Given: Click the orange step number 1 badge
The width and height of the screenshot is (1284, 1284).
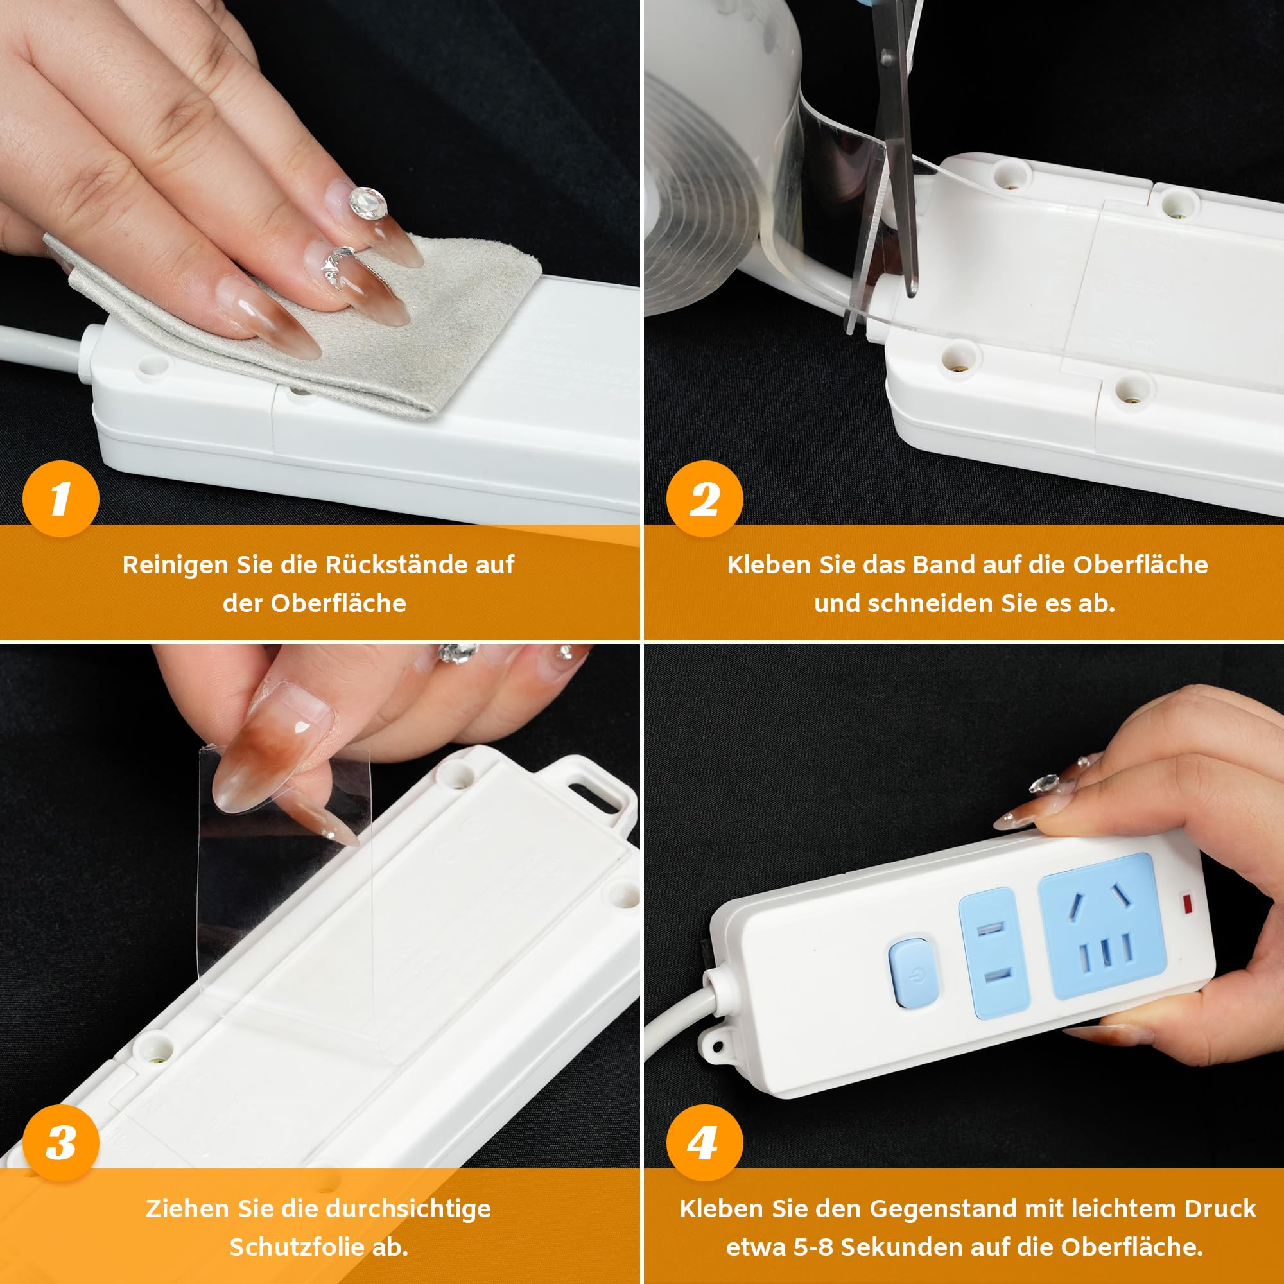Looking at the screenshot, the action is click(x=60, y=498).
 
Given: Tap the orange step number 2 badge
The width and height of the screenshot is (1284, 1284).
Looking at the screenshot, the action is click(x=704, y=498).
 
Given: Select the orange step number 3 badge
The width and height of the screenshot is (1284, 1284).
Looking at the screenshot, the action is click(x=60, y=1143).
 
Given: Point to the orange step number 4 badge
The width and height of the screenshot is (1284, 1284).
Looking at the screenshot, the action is click(x=704, y=1143).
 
